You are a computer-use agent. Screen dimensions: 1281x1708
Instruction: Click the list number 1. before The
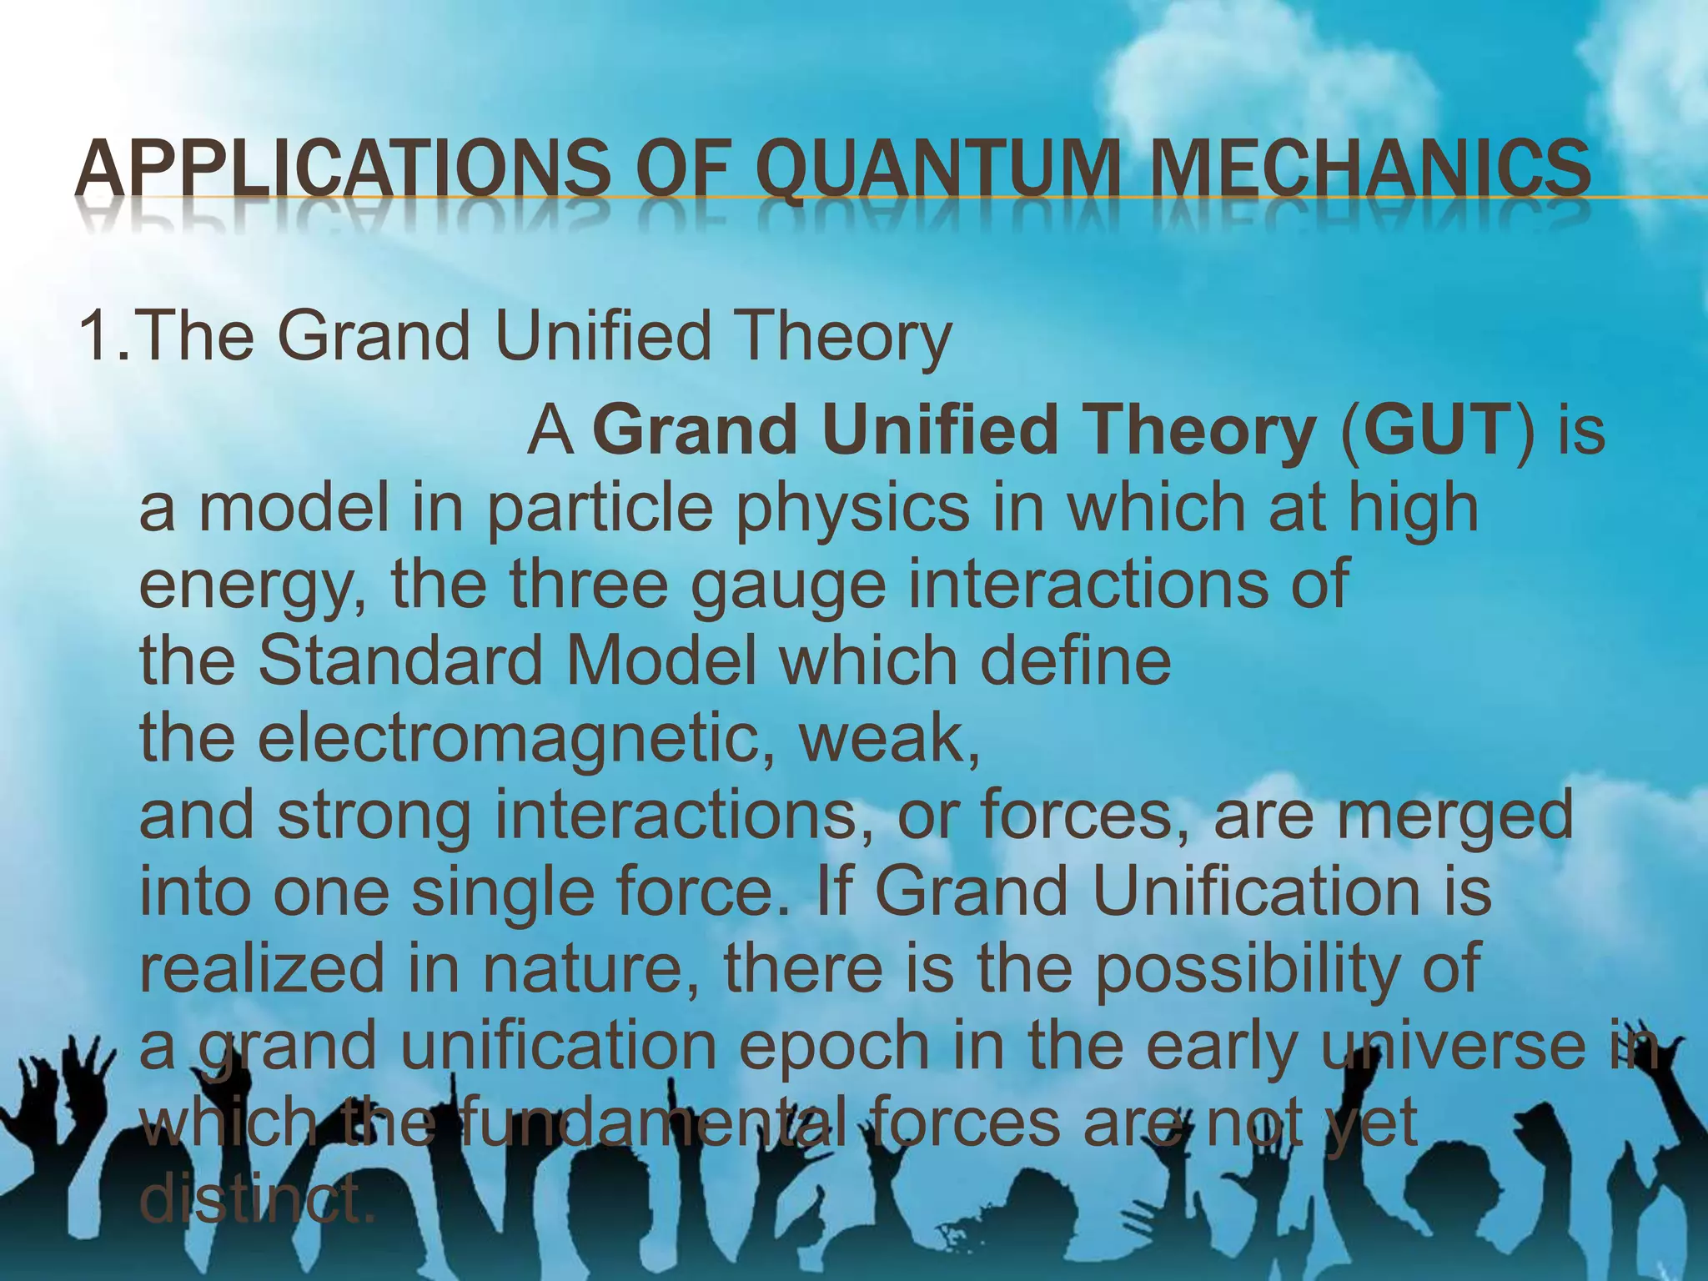point(103,335)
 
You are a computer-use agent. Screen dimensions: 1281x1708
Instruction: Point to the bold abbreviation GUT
point(1438,430)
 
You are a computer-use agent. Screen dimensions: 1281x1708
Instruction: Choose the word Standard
point(400,661)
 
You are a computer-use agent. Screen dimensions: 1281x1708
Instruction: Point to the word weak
point(889,737)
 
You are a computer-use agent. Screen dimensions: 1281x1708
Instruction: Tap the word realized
point(258,967)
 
